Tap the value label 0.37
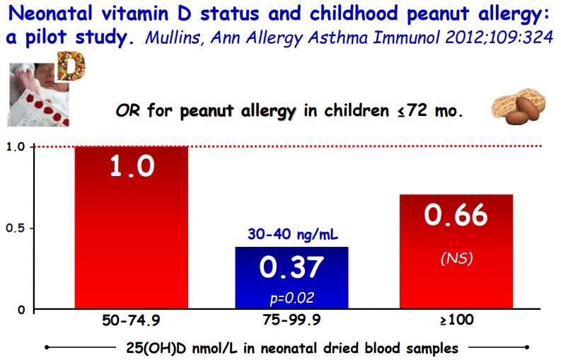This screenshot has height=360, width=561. click(x=291, y=267)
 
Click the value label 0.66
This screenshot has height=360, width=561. click(x=456, y=215)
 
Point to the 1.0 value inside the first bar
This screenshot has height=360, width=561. click(x=132, y=167)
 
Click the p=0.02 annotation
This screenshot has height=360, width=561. click(x=291, y=298)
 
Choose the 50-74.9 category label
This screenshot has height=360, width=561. click(x=132, y=320)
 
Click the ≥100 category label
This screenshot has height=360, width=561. click(x=456, y=320)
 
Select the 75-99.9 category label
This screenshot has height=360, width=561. click(x=291, y=320)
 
